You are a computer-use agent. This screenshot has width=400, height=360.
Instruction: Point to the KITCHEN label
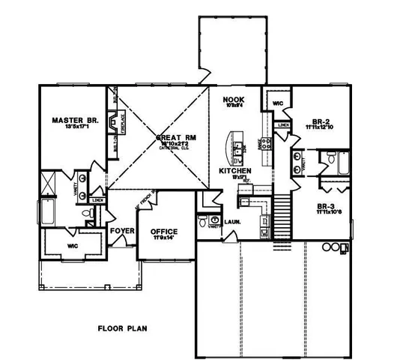coord(235,172)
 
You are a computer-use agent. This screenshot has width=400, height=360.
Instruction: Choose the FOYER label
coord(121,231)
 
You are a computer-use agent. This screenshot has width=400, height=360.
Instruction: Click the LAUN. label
coord(231,222)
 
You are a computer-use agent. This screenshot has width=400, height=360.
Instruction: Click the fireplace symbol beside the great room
coord(113,122)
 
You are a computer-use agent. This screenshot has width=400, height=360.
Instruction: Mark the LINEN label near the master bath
coord(97,201)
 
